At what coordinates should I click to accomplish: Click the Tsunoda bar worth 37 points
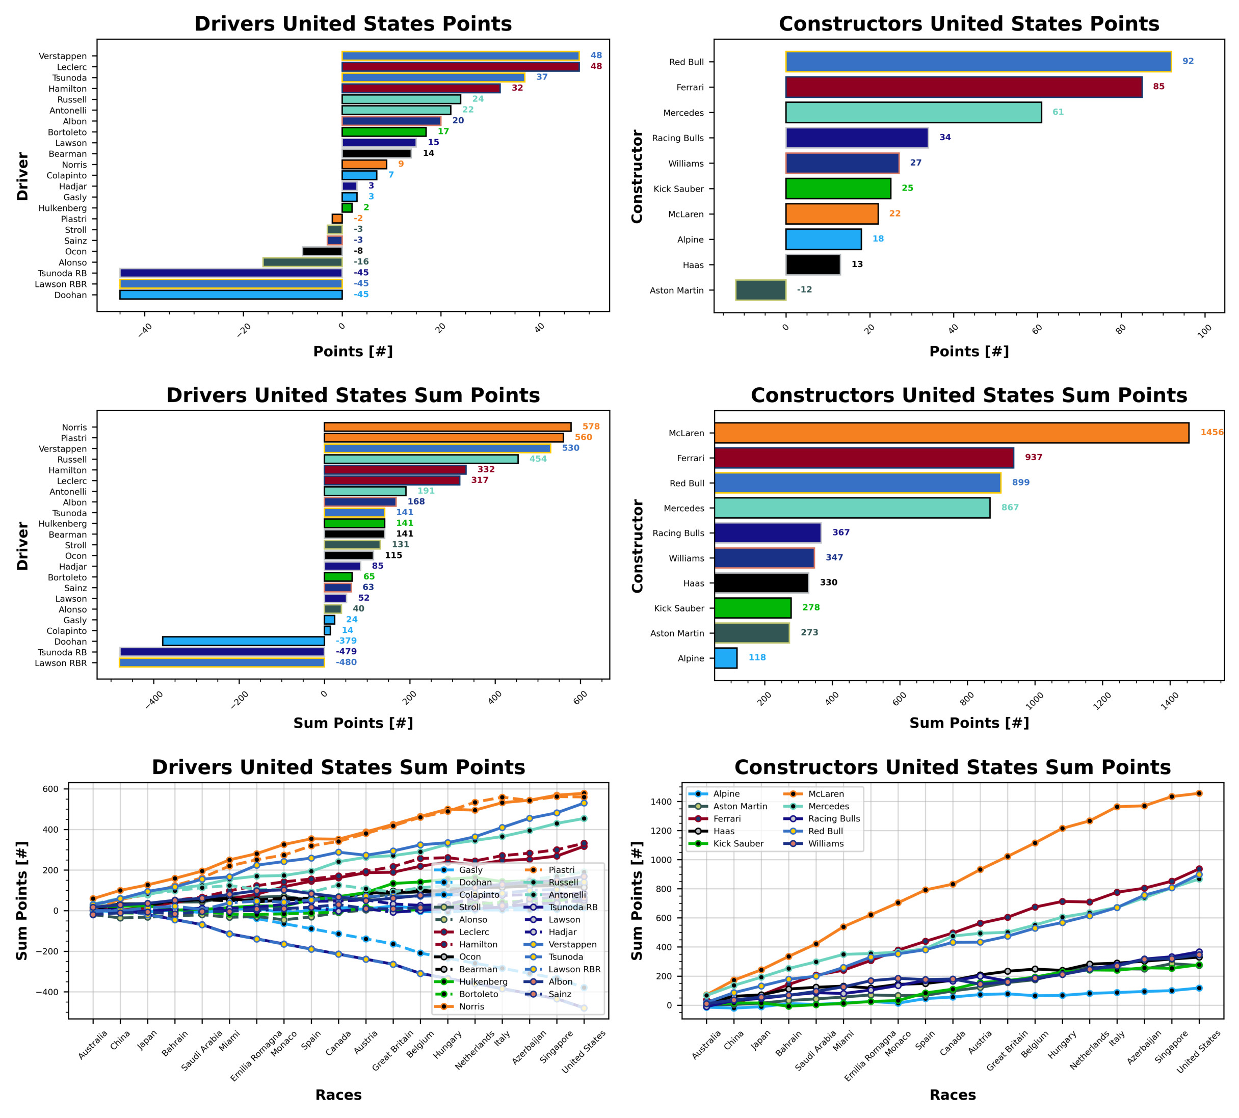[x=433, y=77]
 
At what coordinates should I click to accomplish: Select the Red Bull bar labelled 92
[x=978, y=62]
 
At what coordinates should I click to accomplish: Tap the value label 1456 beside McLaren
[x=1211, y=433]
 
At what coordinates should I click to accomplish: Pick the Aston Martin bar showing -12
[x=760, y=290]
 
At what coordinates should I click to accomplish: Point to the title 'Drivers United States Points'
[x=353, y=23]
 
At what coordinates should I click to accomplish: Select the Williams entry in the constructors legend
[x=825, y=843]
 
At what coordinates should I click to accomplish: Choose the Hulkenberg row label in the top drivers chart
[x=63, y=208]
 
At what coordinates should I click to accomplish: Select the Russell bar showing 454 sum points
[x=421, y=459]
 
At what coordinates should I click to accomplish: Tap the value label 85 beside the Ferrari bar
[x=1158, y=87]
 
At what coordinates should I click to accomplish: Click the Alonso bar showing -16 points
[x=302, y=262]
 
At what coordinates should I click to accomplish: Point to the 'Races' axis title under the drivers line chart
[x=338, y=1095]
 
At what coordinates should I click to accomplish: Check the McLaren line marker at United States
[x=1198, y=793]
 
